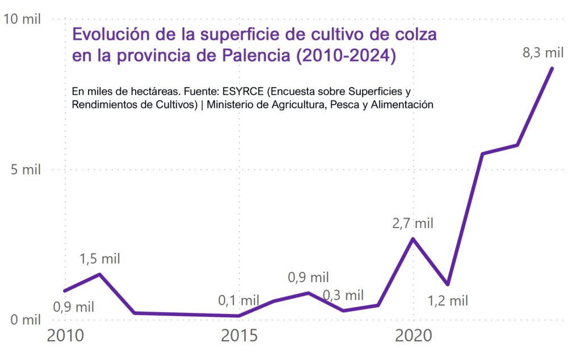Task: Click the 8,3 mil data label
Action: pos(543,53)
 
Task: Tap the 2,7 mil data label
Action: pos(412,223)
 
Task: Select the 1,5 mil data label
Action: pos(100,259)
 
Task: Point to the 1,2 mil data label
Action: pos(448,300)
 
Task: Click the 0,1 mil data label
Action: pos(239,300)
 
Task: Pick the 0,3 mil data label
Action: pos(343,295)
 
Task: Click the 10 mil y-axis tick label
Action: pos(22,19)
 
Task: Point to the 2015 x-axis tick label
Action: pos(239,336)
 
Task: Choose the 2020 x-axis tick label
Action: pos(413,336)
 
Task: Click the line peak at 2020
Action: pos(413,238)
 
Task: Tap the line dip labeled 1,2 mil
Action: pos(448,284)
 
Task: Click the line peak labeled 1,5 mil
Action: pos(100,275)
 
